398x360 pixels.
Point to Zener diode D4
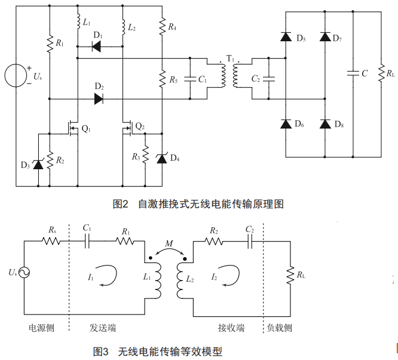click(x=161, y=158)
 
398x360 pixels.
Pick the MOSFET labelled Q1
click(x=73, y=129)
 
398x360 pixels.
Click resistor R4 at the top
click(x=161, y=26)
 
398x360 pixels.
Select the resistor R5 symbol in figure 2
click(x=161, y=78)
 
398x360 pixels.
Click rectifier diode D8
click(x=325, y=124)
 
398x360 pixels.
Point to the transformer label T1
click(x=230, y=58)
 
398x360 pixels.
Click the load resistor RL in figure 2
click(x=381, y=74)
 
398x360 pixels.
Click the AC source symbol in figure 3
click(x=25, y=272)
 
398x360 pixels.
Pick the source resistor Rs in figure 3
click(x=50, y=241)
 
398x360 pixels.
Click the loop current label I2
click(x=213, y=276)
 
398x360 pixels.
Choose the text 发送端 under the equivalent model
click(x=103, y=328)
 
